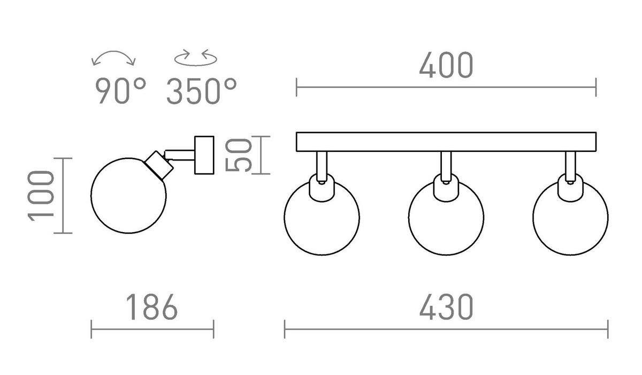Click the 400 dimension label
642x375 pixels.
coord(446,65)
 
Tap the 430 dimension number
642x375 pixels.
coord(446,307)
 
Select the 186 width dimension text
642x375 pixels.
coord(152,307)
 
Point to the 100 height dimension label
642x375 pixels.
coord(41,196)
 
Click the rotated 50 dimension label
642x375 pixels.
coord(239,155)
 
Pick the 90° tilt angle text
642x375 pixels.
coord(121,90)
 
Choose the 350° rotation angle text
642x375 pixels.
coord(202,90)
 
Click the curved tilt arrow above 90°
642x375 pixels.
coord(113,51)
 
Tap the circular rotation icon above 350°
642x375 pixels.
coord(196,65)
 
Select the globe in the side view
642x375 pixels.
coord(91,196)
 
